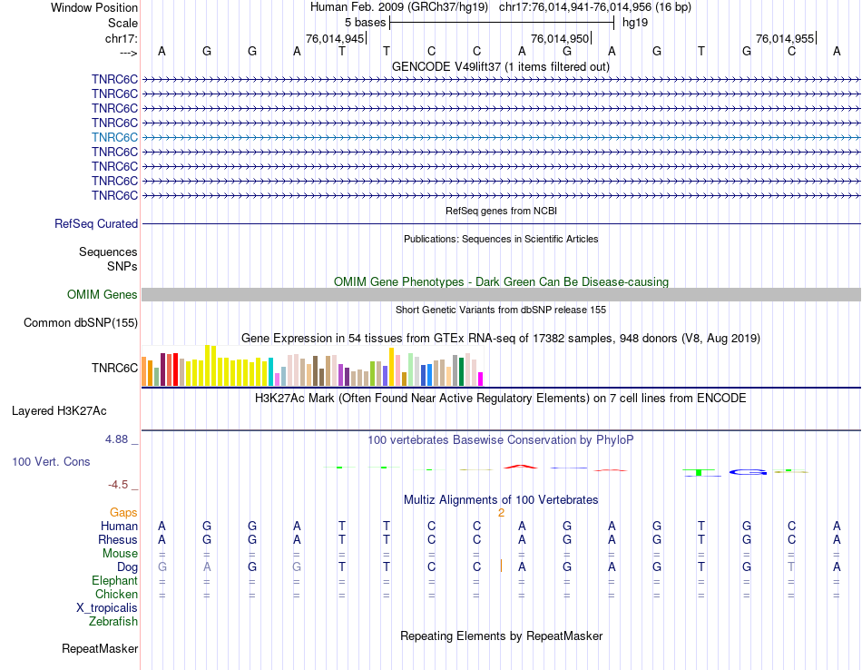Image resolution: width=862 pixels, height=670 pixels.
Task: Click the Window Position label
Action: point(94,7)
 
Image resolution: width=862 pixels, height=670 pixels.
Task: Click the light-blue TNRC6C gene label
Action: point(114,137)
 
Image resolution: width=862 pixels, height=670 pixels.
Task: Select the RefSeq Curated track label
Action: point(96,224)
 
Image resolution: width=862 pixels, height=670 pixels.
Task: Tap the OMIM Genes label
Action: point(103,295)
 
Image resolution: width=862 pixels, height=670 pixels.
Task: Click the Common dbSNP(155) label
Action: point(81,323)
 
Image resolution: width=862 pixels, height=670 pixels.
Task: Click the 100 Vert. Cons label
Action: point(51,462)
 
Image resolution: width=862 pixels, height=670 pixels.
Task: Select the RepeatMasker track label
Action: point(100,649)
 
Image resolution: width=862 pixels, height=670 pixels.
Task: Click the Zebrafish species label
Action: point(113,622)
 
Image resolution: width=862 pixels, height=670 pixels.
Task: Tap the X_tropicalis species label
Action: point(107,608)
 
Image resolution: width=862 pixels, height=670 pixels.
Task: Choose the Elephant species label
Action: point(115,581)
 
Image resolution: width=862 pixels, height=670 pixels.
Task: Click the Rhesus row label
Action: point(118,540)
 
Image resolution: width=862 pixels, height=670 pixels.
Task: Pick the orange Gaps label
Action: point(123,513)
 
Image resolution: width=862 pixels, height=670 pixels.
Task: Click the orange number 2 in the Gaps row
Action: point(501,513)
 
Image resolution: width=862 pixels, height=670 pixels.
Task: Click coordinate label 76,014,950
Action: point(560,39)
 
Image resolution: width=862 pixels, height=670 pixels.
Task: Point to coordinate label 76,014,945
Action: point(335,39)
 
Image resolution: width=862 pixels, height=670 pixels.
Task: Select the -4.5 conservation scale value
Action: point(122,485)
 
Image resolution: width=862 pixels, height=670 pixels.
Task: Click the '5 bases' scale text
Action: point(365,22)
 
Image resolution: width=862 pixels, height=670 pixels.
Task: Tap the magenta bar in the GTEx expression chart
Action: point(481,379)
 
